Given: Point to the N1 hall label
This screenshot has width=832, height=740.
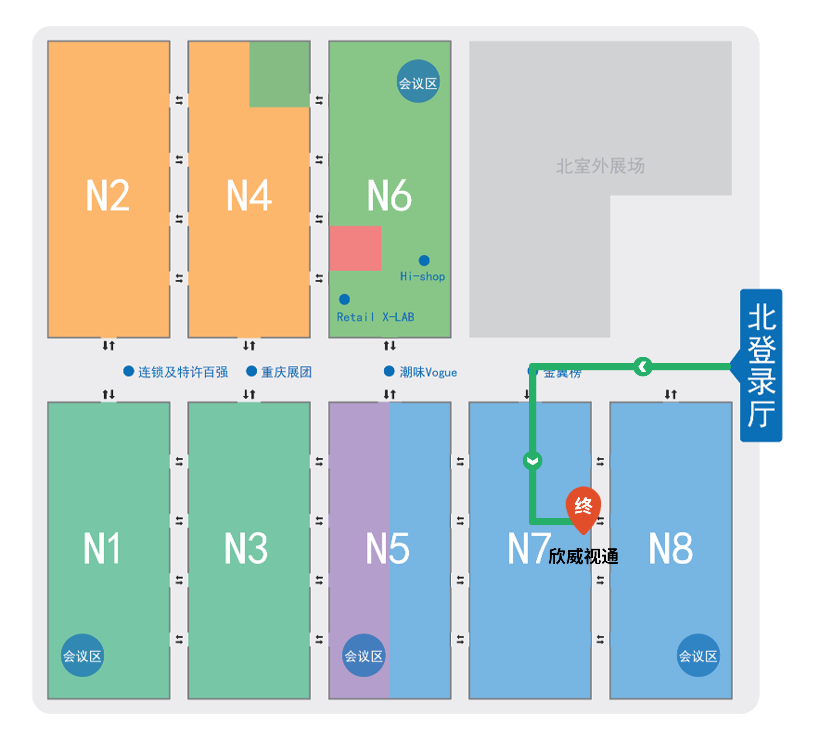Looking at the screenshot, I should pos(102,548).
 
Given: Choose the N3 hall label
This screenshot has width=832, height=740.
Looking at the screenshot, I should pos(246,548).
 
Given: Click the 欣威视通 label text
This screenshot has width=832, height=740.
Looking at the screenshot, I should pos(583,556).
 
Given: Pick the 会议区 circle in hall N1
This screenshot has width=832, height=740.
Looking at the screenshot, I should pos(82,655).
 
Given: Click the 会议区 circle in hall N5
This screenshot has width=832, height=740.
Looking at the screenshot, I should pos(364,655).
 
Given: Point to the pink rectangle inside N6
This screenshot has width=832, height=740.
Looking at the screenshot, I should pos(355,248).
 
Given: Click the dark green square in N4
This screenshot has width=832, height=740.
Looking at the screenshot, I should pos(279,74).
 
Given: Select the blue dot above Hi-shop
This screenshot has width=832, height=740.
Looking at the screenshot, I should pos(424,260).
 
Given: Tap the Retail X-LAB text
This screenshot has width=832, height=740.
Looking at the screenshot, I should pos(375,317).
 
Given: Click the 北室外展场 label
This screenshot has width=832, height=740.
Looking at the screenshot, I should pos(600,166).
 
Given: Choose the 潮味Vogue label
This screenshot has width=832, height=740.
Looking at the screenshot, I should pos(428,372).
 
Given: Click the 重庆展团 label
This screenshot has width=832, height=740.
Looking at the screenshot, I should pos(286,372).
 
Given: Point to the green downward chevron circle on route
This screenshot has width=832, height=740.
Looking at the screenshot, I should pos(532,461).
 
